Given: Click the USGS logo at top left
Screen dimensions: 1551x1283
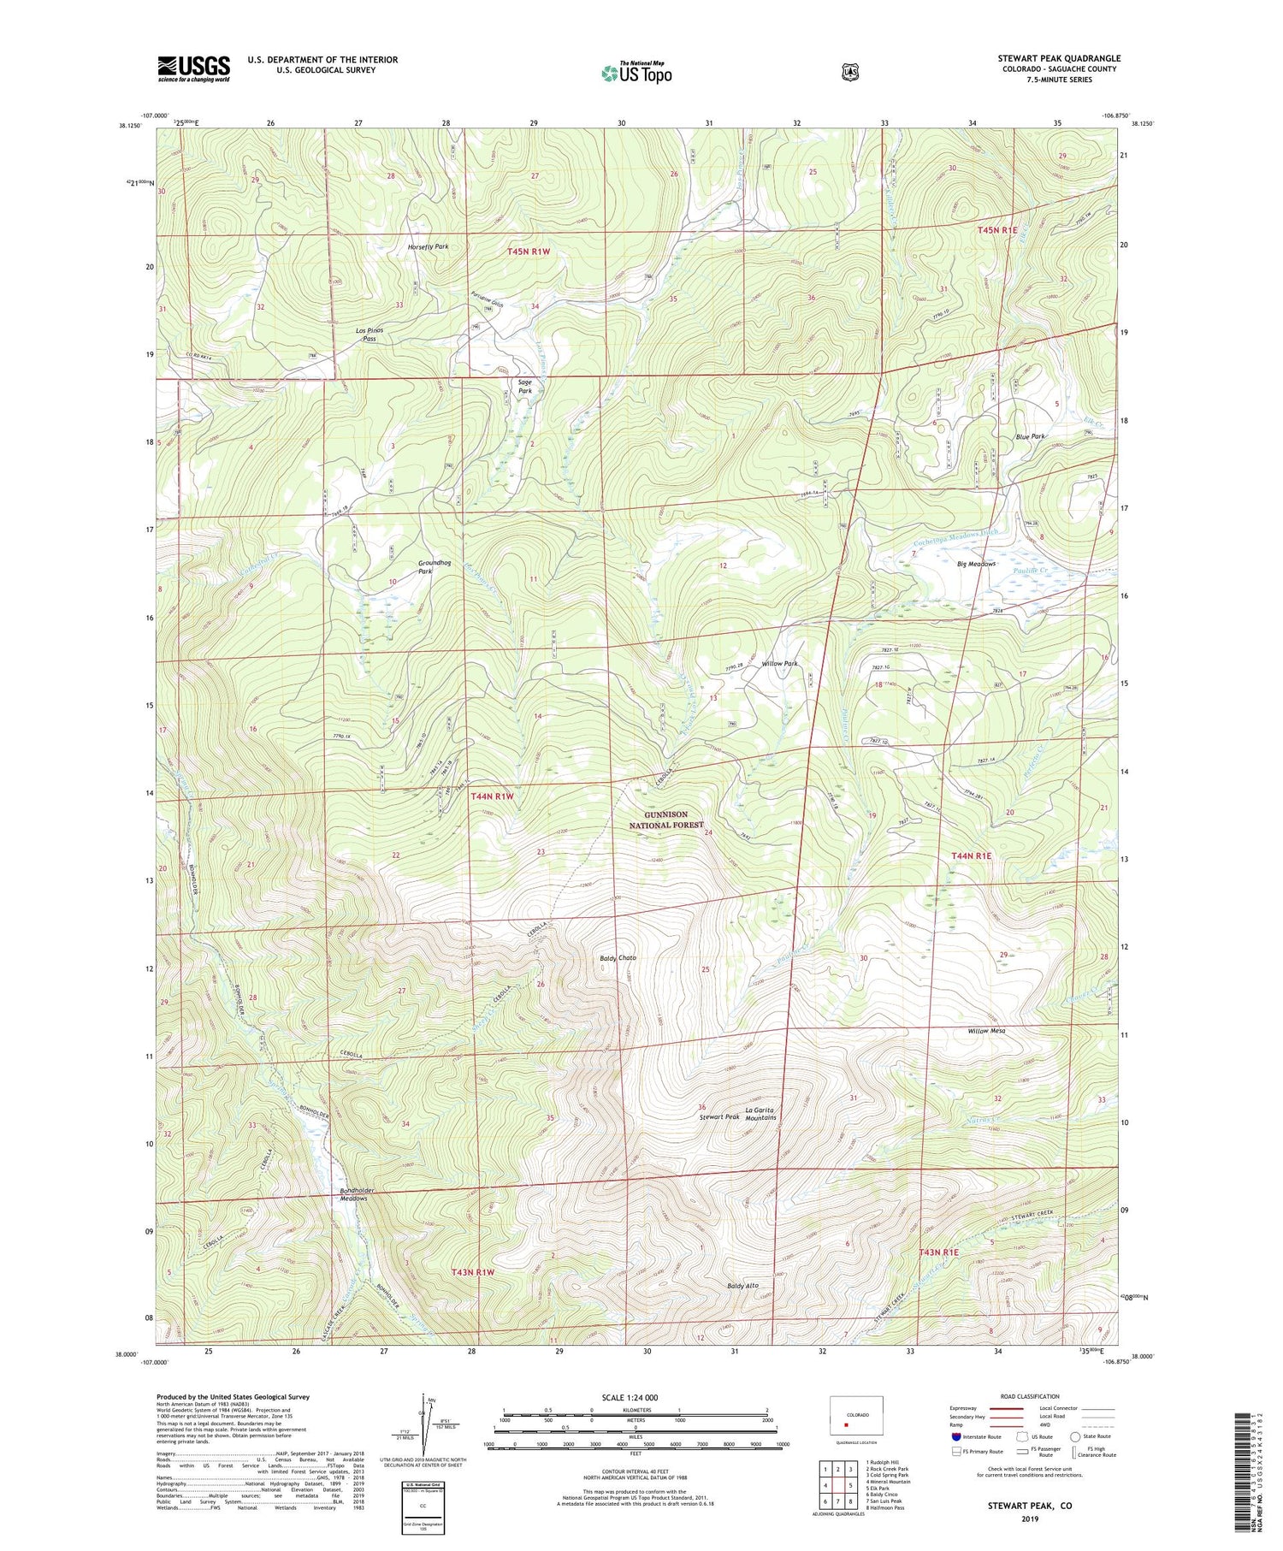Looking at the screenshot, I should (x=193, y=68).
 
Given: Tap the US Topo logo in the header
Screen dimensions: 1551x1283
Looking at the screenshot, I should (x=636, y=73).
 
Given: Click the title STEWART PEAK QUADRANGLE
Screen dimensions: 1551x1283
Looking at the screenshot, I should (x=1058, y=59).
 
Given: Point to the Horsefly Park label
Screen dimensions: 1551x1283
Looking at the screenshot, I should (x=428, y=246).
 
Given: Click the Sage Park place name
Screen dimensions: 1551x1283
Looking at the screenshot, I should (x=524, y=387).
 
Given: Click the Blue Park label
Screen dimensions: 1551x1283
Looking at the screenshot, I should (x=1030, y=436).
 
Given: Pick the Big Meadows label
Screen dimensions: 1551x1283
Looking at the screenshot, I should (x=976, y=564).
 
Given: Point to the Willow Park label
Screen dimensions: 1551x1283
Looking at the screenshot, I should (x=779, y=663).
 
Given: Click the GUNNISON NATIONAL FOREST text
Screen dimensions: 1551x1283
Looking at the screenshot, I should (x=666, y=820).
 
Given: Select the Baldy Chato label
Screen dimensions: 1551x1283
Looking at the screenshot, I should (x=618, y=957).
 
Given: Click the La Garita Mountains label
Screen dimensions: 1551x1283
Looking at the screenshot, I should (x=760, y=1113).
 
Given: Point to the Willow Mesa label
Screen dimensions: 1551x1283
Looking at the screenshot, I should (x=986, y=1031).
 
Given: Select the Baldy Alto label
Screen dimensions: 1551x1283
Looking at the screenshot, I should (x=742, y=1285).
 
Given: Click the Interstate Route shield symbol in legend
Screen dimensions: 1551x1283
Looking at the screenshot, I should (x=955, y=1436).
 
